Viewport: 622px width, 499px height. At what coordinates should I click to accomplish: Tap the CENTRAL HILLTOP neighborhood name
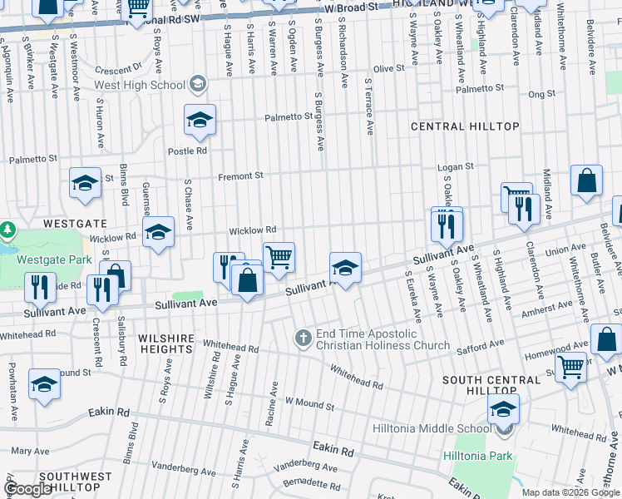tap(466, 126)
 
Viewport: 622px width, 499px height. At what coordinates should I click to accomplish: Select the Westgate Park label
tap(54, 259)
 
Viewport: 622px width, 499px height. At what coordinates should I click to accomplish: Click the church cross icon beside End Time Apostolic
tap(304, 337)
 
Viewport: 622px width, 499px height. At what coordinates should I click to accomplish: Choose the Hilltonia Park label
tap(498, 456)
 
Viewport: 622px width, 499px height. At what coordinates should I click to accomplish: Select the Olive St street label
tap(388, 69)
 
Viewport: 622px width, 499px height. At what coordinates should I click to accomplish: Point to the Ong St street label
tap(541, 94)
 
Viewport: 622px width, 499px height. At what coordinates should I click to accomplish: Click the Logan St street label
tap(456, 166)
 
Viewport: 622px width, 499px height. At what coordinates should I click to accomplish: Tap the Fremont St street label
tap(240, 176)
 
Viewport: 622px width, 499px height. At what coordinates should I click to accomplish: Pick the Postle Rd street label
tap(187, 151)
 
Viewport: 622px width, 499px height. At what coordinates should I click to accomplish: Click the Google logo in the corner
tap(28, 489)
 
